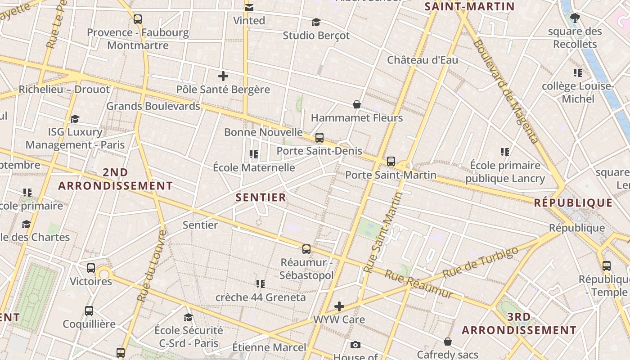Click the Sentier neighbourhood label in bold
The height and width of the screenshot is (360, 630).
click(x=261, y=197)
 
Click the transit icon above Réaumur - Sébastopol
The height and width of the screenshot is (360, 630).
click(x=306, y=249)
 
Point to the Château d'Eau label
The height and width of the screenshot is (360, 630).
click(x=423, y=60)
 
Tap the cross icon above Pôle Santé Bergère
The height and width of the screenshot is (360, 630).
click(x=223, y=76)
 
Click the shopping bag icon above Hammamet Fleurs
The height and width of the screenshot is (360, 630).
click(x=357, y=104)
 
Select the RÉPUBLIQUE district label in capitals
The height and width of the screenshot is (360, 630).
click(x=573, y=202)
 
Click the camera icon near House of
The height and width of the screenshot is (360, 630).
click(x=355, y=345)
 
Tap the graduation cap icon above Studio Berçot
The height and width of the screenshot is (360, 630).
click(x=316, y=22)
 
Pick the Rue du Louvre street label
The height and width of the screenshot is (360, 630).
click(x=151, y=266)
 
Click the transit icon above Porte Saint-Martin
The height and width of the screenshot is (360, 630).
click(x=391, y=161)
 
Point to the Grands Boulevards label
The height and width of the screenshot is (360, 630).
click(x=153, y=106)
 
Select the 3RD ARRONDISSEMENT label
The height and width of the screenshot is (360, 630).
click(x=519, y=324)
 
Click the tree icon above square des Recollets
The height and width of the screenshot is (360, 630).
click(x=575, y=18)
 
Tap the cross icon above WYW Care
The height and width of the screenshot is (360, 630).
click(x=339, y=307)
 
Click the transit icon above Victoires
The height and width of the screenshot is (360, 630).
click(x=91, y=268)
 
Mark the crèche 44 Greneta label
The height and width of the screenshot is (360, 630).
click(x=261, y=297)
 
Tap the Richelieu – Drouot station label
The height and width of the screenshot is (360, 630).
click(x=64, y=89)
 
